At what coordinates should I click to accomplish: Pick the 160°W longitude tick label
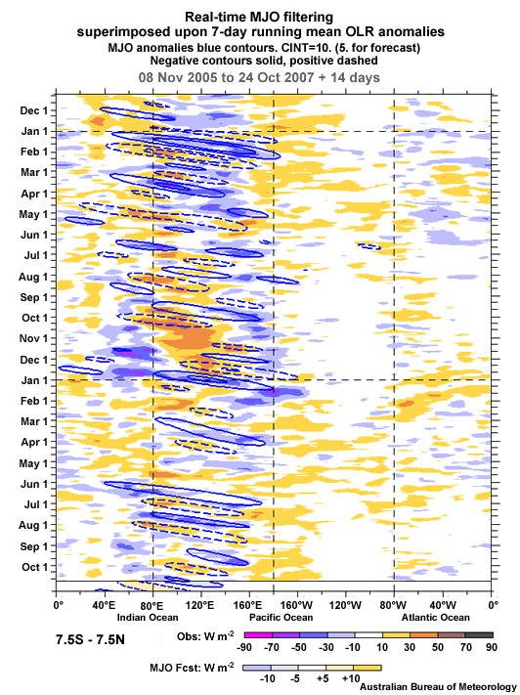tap(297, 606)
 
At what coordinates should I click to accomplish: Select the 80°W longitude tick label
tap(394, 606)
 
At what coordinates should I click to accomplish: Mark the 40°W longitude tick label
tap(443, 606)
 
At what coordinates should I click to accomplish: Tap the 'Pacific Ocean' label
tap(281, 618)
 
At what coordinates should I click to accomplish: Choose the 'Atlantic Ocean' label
tap(433, 618)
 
